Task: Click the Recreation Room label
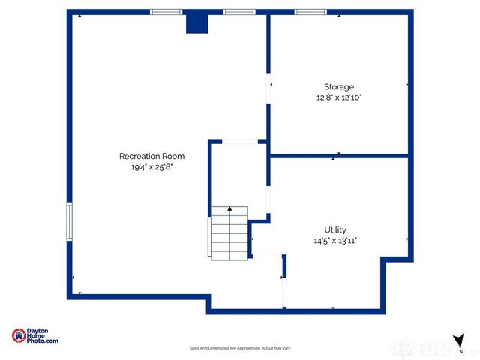pyautogui.click(x=151, y=156)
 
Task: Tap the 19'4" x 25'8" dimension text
pyautogui.click(x=151, y=167)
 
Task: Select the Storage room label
pyautogui.click(x=338, y=86)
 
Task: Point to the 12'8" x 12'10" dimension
pyautogui.click(x=338, y=97)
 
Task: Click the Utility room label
pyautogui.click(x=335, y=229)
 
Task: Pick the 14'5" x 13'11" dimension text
pyautogui.click(x=335, y=241)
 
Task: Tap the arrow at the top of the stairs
pyautogui.click(x=229, y=211)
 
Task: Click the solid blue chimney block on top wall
pyautogui.click(x=196, y=22)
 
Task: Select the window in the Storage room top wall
pyautogui.click(x=310, y=12)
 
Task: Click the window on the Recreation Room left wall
pyautogui.click(x=70, y=222)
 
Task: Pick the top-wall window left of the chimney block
pyautogui.click(x=166, y=12)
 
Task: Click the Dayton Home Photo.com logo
pyautogui.click(x=35, y=336)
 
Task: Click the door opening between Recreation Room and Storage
pyautogui.click(x=268, y=86)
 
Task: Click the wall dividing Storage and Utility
pyautogui.click(x=339, y=157)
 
